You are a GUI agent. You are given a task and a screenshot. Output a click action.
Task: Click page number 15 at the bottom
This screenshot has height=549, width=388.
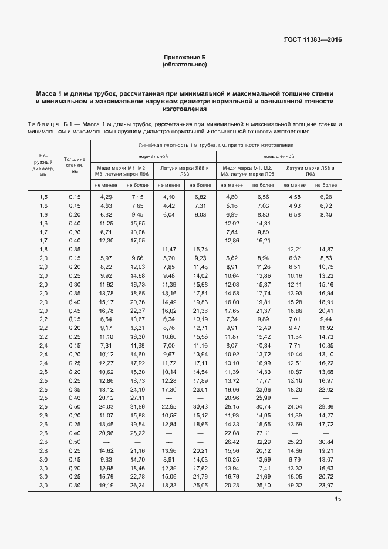[338, 499]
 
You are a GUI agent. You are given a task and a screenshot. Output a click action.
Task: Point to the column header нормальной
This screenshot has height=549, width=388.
[153, 157]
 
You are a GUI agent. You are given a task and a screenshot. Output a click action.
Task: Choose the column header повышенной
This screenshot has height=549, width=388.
[279, 157]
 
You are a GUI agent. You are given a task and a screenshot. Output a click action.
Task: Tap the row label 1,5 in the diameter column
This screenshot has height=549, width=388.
[43, 196]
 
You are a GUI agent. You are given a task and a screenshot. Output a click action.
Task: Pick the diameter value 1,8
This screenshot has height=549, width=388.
[43, 249]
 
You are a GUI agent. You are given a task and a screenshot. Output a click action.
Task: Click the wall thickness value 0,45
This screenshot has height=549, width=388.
[75, 311]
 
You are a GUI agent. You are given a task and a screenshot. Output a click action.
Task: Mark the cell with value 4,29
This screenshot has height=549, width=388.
[106, 196]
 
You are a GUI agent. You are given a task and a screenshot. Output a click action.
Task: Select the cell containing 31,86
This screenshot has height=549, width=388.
[137, 406]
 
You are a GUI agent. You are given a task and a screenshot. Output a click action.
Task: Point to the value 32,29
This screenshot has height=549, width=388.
[263, 442]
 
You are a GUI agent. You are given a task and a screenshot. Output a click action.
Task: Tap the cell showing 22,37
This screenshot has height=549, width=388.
[137, 311]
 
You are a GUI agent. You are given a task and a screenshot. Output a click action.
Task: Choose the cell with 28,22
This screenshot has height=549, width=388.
[137, 433]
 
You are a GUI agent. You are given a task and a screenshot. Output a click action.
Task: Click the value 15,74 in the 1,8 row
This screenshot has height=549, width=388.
[200, 249]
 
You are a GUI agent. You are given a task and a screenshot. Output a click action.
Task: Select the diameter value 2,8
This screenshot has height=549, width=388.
[43, 450]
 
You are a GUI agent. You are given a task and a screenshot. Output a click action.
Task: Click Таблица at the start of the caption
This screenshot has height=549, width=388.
[43, 125]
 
